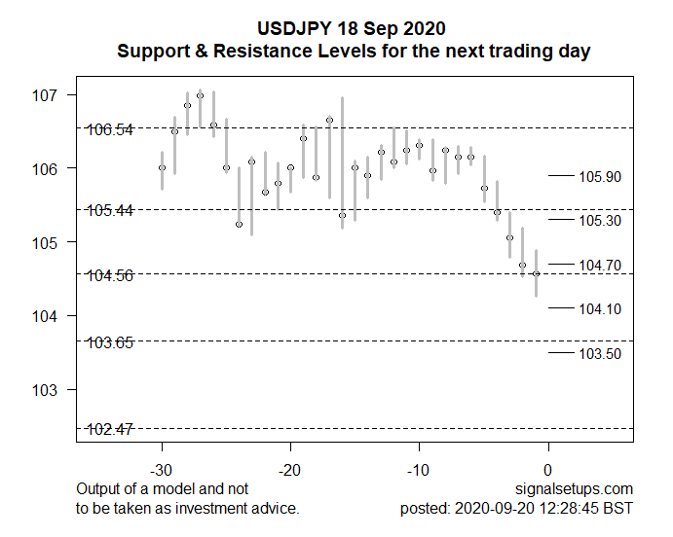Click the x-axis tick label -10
(x=419, y=470)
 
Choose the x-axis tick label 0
(x=548, y=470)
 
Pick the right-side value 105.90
(x=600, y=177)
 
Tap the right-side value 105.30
(x=600, y=221)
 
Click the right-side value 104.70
(x=600, y=266)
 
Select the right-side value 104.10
(x=600, y=309)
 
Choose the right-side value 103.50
(x=600, y=354)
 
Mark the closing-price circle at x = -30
(x=162, y=168)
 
